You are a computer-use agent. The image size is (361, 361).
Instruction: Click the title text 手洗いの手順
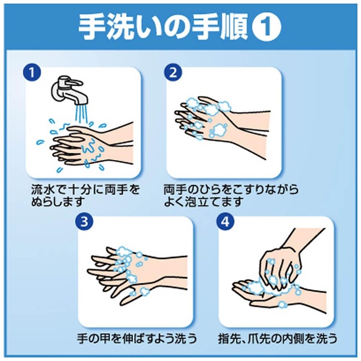tap(164, 27)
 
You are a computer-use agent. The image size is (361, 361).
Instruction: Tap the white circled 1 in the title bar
tap(267, 27)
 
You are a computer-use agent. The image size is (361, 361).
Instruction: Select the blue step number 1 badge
tap(32, 72)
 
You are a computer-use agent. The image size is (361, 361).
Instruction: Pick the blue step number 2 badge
tap(173, 72)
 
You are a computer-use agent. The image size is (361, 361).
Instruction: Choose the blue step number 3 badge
tap(84, 221)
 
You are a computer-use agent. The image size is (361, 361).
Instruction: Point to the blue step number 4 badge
tap(225, 221)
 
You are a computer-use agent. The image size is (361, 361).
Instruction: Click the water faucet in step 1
tap(69, 90)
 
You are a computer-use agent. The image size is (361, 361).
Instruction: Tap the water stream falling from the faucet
tap(81, 115)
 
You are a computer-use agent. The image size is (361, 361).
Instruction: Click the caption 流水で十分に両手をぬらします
tap(85, 195)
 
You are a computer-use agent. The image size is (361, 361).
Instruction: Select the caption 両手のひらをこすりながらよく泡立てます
tap(231, 195)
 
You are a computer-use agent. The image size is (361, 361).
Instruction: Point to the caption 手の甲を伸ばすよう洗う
tap(137, 339)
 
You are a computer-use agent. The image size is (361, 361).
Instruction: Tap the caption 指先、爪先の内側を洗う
tap(277, 339)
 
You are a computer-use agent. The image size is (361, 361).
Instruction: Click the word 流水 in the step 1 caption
tap(43, 190)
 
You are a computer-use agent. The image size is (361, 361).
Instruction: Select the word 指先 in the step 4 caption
tap(230, 339)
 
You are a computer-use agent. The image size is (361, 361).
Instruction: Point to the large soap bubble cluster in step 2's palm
tap(219, 129)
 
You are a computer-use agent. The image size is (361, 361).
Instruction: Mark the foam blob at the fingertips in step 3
tap(123, 251)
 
